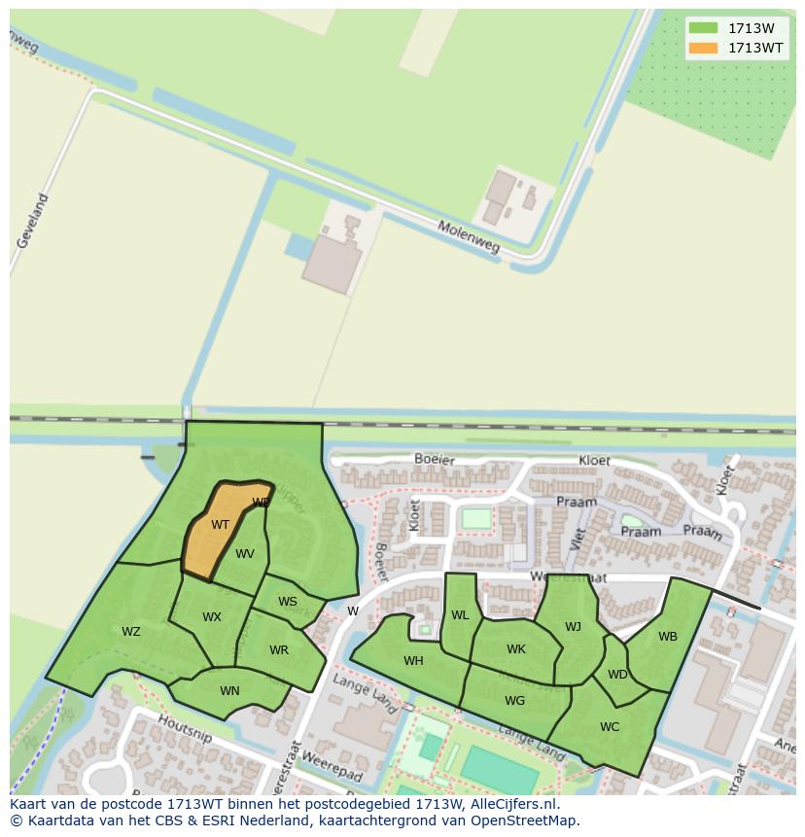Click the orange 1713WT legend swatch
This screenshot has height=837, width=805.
(x=703, y=48)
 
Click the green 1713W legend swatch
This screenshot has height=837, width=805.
(x=703, y=28)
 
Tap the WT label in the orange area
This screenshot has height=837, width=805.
(x=221, y=525)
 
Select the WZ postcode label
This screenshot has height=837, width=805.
(x=131, y=632)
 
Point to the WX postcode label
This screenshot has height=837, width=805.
(x=212, y=617)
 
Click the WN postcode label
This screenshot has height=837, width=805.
(x=229, y=691)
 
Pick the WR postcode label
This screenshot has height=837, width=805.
(x=279, y=650)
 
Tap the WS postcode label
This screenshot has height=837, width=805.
(x=288, y=602)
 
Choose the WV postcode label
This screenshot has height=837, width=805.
(x=245, y=554)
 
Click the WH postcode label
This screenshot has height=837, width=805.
(x=413, y=661)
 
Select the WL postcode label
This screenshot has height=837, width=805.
(x=460, y=615)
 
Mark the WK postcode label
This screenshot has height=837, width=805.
(x=516, y=649)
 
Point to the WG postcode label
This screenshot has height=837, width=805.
(x=515, y=700)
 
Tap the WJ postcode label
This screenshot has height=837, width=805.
(x=573, y=627)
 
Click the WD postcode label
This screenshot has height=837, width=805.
(x=617, y=674)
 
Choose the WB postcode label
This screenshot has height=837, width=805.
(x=668, y=637)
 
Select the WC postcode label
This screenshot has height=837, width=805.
(x=610, y=726)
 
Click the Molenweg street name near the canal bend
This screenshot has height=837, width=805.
(x=468, y=236)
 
